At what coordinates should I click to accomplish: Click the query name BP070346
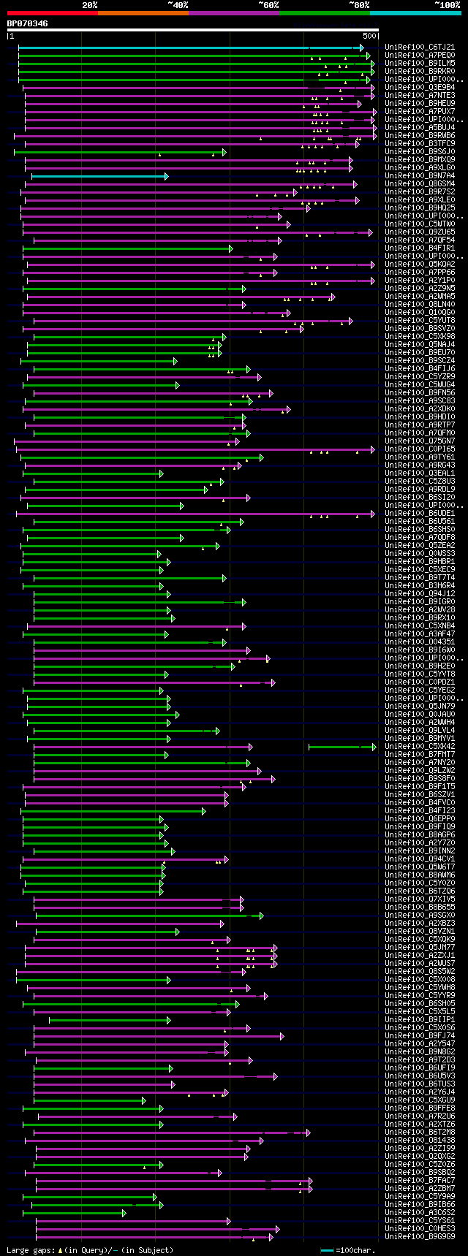(x=28, y=23)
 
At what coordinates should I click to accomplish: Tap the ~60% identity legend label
(x=268, y=5)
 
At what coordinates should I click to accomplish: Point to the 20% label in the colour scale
(x=89, y=5)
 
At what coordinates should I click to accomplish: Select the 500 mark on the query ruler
(x=369, y=36)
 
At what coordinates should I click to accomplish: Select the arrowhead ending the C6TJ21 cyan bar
(x=361, y=47)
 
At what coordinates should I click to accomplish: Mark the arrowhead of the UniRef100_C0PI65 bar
(x=372, y=449)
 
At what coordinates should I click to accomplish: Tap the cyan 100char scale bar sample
(x=327, y=1250)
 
